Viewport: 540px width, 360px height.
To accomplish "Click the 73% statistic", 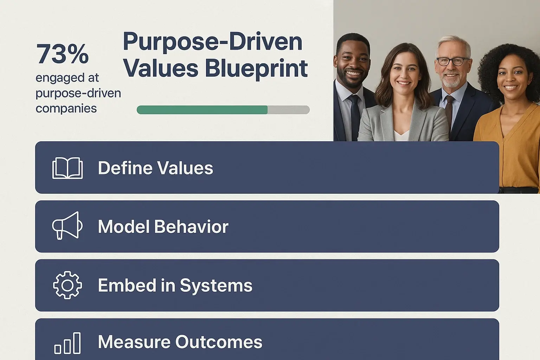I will click(62, 54).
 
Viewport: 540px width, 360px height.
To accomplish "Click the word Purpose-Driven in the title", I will click(212, 42).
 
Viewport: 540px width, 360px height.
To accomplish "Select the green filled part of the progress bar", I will click(202, 110).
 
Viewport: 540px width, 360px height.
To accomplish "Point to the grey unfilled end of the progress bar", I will click(289, 110).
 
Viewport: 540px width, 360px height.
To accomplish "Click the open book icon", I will click(67, 168).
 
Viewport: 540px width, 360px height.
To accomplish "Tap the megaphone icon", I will click(67, 226).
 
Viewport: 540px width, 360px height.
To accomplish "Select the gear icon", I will click(67, 285).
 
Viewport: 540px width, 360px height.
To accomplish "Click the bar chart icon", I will click(67, 343).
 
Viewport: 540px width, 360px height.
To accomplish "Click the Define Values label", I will click(155, 168).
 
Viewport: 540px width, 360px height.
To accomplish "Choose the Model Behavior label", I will click(163, 227).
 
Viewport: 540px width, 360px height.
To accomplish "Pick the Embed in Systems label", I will click(175, 285).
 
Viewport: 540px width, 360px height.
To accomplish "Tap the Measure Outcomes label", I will click(180, 342).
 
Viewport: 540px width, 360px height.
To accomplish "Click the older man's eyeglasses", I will click(453, 61).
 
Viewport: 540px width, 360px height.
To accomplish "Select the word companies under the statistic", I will click(66, 108).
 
